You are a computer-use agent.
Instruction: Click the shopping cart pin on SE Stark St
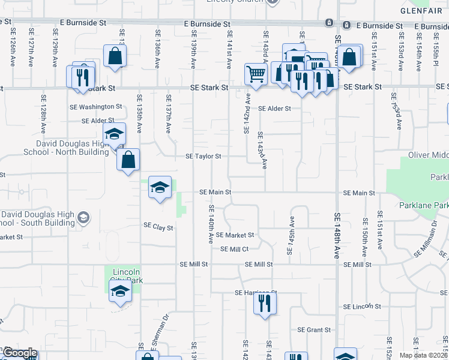[256, 75]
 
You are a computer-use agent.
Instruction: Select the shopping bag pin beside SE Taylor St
[128, 160]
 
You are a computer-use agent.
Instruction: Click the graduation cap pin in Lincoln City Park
[120, 293]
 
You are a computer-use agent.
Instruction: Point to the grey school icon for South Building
[83, 218]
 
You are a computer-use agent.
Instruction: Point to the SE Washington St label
[95, 106]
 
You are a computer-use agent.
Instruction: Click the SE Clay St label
[158, 227]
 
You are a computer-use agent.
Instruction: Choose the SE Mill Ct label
[235, 249]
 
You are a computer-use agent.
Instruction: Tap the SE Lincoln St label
[363, 307]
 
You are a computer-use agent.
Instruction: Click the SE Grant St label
[314, 330]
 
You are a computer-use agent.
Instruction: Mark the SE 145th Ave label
[292, 236]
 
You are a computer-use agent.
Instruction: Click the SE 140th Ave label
[211, 224]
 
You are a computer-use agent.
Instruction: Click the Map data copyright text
[423, 355]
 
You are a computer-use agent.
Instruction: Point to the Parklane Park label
[423, 206]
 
